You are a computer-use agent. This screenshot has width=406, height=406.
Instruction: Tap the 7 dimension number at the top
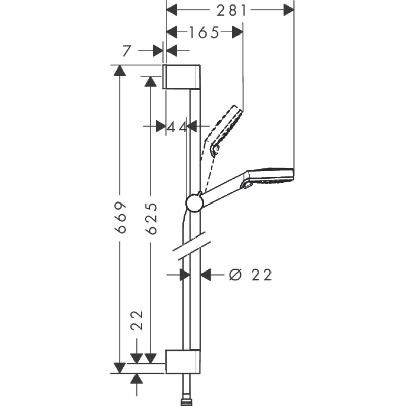click(x=127, y=50)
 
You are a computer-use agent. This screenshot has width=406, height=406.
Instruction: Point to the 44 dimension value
click(x=177, y=126)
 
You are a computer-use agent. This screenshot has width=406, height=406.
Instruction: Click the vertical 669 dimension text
click(x=120, y=217)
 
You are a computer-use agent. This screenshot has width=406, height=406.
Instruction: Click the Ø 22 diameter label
click(x=251, y=275)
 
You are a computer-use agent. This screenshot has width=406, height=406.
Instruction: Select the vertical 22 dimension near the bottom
click(x=137, y=321)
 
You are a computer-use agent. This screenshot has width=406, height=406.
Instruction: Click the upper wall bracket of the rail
click(x=183, y=77)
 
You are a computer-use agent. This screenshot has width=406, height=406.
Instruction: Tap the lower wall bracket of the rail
click(x=183, y=361)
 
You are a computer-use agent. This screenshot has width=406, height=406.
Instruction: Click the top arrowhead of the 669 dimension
click(x=120, y=71)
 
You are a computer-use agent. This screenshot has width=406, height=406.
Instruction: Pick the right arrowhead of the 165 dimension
click(x=237, y=32)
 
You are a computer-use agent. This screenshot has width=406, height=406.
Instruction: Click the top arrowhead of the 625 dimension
click(x=150, y=82)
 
